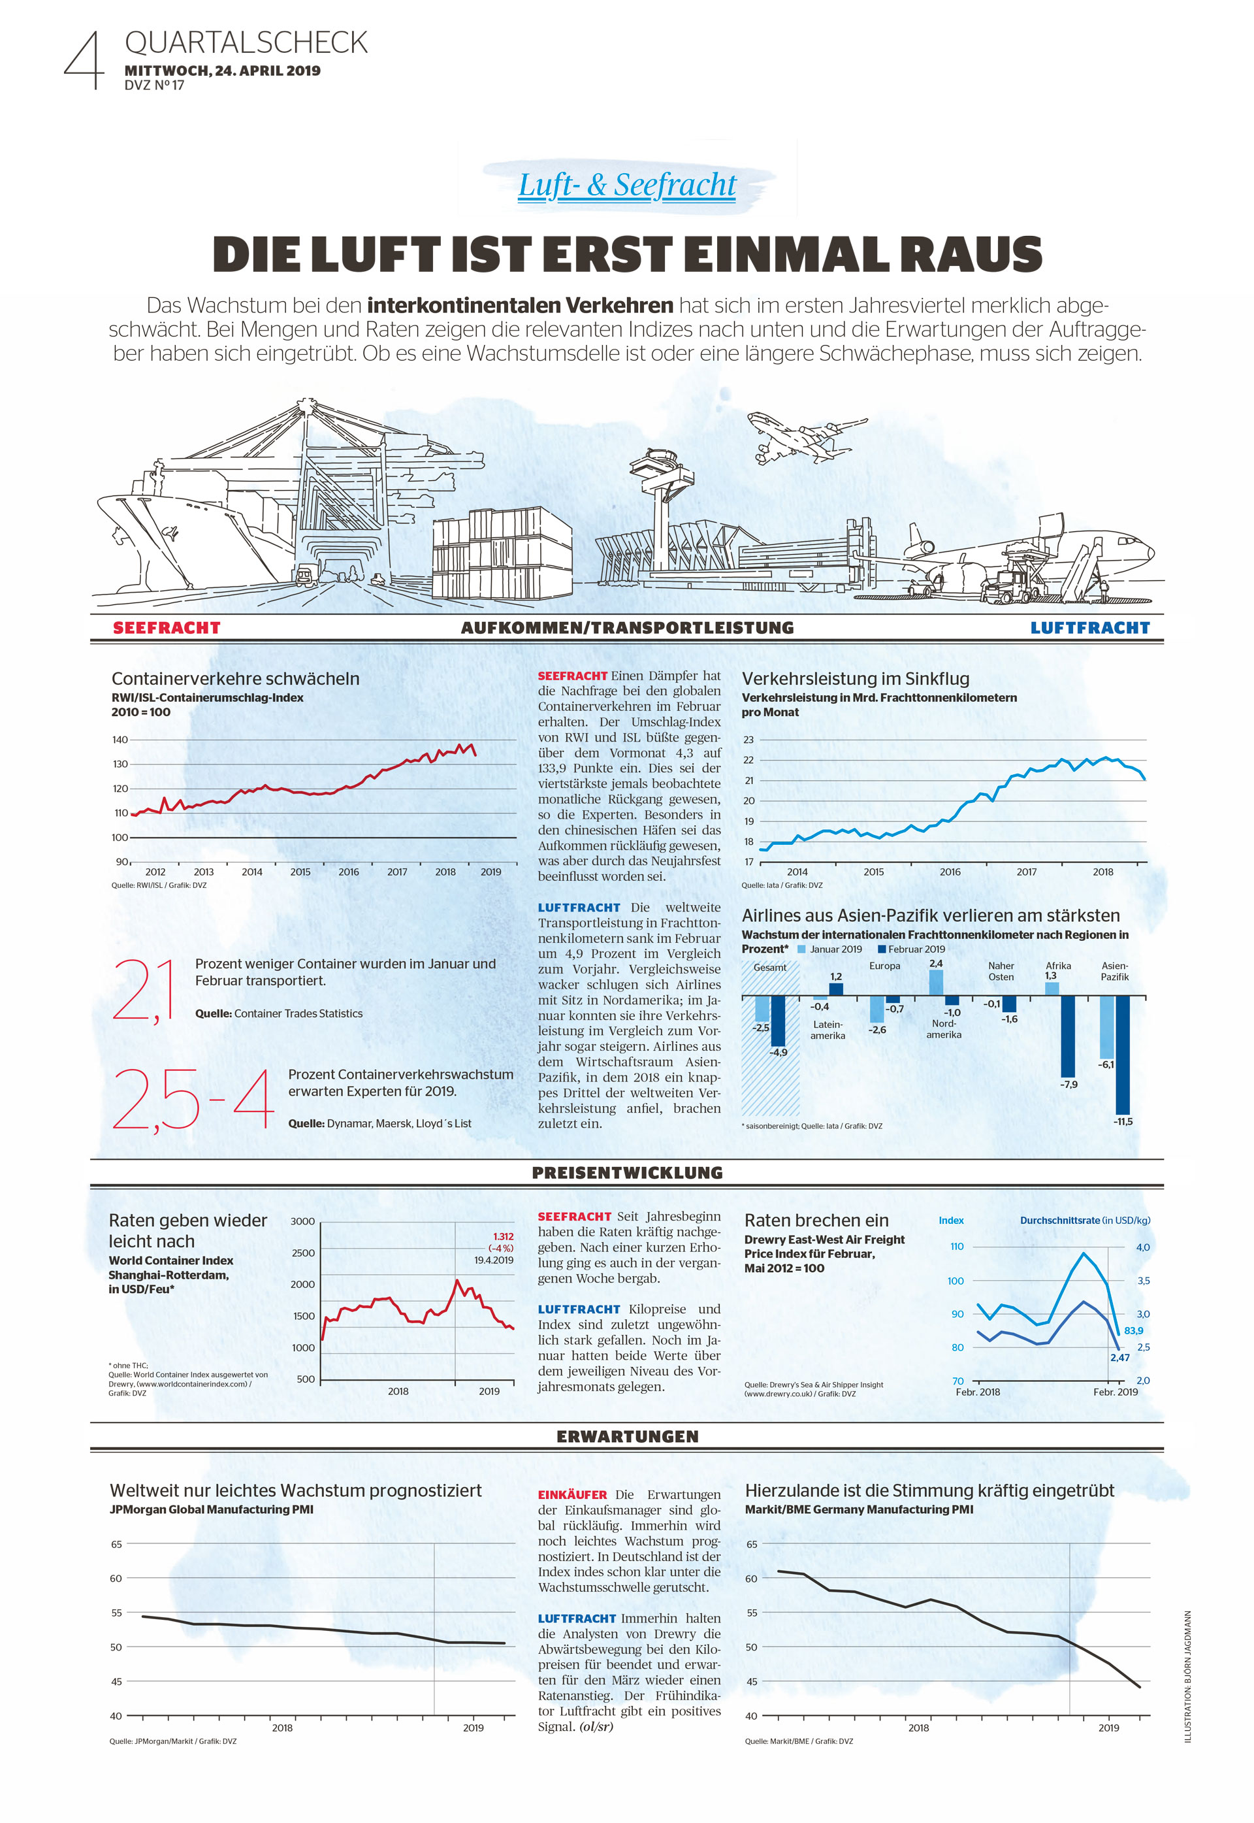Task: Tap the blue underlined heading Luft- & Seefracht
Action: coord(627,186)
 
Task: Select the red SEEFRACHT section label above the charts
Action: coord(167,627)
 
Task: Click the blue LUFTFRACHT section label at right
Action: coord(1090,627)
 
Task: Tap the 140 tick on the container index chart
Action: coord(120,740)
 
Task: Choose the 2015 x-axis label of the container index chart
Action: coord(300,872)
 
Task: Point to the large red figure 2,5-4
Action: coord(193,1098)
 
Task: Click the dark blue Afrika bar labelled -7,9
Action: coord(1068,1036)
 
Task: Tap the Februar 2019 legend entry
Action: coord(911,949)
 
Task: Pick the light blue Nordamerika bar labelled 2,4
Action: coord(936,983)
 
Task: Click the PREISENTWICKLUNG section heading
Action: coord(627,1172)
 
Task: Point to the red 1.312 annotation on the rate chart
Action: coord(503,1236)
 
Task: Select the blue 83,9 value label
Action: coord(1134,1330)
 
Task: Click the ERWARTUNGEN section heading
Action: coord(627,1436)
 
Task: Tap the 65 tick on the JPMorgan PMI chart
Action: coord(116,1544)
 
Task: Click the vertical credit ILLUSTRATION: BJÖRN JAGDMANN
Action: coord(1188,1676)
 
